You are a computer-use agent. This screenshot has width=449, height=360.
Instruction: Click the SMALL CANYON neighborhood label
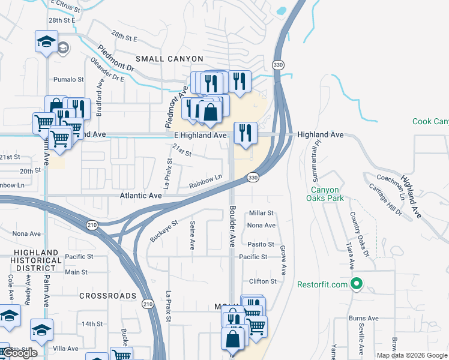coord(169,59)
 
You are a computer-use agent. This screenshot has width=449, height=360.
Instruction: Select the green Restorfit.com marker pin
coord(356,284)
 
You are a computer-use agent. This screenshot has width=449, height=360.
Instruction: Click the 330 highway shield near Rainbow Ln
coord(253,178)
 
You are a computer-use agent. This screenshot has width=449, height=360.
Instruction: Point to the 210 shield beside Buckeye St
coord(91,225)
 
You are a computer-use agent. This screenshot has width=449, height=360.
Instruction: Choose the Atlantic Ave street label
coord(142,196)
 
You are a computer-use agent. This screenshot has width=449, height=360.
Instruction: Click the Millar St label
coord(261,213)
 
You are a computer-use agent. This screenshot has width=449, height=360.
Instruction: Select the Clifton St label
coord(263,281)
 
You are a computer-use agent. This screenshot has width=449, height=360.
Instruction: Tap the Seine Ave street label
coord(192,235)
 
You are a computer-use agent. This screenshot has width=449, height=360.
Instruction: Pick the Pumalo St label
coord(68,79)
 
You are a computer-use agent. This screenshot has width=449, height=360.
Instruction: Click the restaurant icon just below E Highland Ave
coord(245,133)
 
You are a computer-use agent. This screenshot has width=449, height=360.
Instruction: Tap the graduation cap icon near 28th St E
coord(46,41)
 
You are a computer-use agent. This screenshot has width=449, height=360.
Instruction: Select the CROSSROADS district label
coord(108,296)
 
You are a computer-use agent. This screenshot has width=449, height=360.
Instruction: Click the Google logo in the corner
coord(20,353)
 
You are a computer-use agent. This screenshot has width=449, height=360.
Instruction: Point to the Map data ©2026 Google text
coord(411,355)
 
